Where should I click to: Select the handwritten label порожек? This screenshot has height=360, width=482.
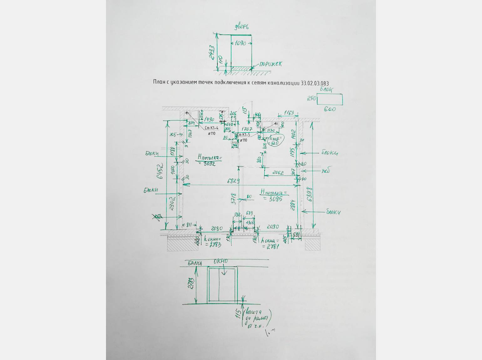(270, 64)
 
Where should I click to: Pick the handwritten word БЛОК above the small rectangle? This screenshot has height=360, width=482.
(326, 90)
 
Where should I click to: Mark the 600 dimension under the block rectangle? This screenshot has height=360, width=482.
(330, 109)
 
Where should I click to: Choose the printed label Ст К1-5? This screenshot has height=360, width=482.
(243, 135)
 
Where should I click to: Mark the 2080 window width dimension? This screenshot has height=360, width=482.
(217, 228)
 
